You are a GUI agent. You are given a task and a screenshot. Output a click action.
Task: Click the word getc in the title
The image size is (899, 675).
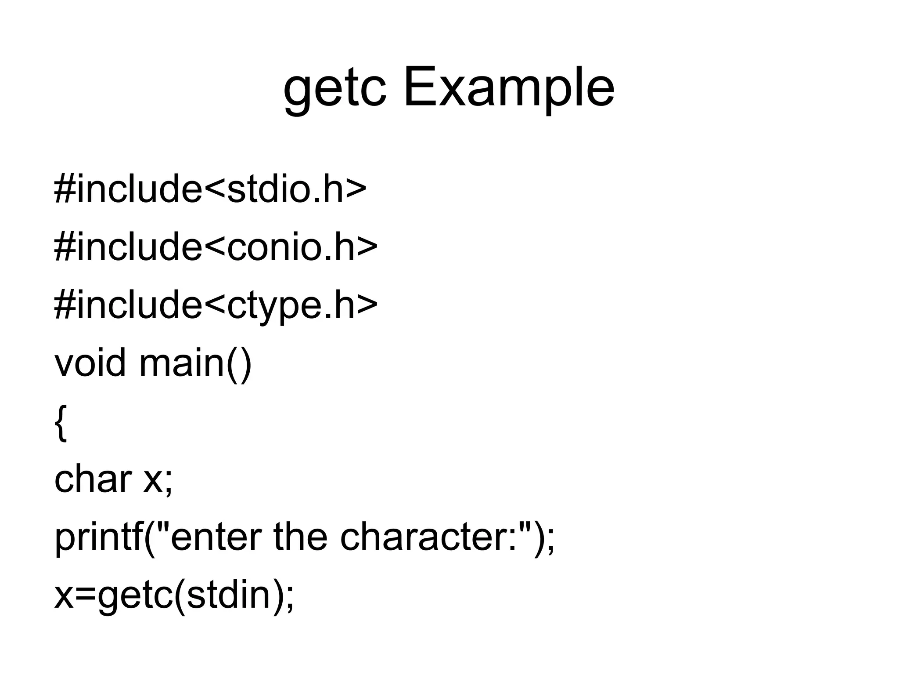[x=335, y=90]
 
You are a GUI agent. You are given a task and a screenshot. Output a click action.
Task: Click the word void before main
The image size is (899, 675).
[x=90, y=363]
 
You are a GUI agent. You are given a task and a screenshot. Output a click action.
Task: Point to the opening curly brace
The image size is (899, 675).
[x=61, y=423]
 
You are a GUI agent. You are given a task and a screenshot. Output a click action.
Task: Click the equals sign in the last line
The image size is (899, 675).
[x=86, y=596]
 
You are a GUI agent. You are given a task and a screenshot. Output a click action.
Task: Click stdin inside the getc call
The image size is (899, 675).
[x=228, y=595]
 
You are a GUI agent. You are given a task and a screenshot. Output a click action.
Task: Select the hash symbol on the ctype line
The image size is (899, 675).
[x=64, y=305]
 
